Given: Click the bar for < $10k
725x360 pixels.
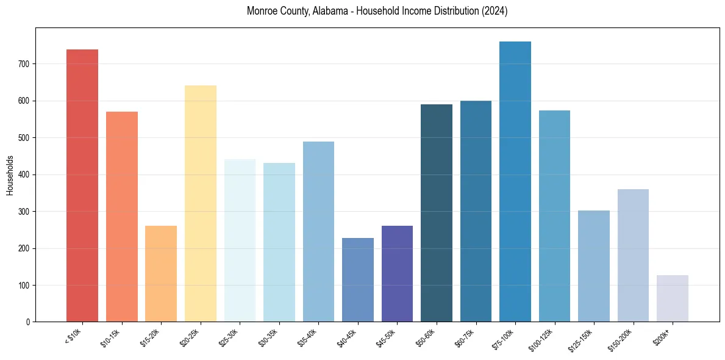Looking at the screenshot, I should (x=82, y=185).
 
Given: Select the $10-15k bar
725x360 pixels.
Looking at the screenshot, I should (x=122, y=217).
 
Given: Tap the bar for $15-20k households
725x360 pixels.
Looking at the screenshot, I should (x=161, y=274).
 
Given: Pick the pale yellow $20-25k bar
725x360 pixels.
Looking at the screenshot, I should (x=201, y=204).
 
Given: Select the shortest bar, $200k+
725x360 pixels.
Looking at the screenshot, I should (x=673, y=298).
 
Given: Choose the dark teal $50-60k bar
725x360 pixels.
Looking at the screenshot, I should (x=437, y=213).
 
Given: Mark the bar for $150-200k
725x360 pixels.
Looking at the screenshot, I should (x=633, y=256).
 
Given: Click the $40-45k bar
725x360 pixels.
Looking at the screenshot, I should (x=358, y=280).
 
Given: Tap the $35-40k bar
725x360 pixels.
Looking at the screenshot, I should (x=318, y=232).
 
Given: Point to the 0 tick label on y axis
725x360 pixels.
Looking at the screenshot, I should (x=28, y=322).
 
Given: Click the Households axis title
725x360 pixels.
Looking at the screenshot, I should (x=10, y=175).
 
